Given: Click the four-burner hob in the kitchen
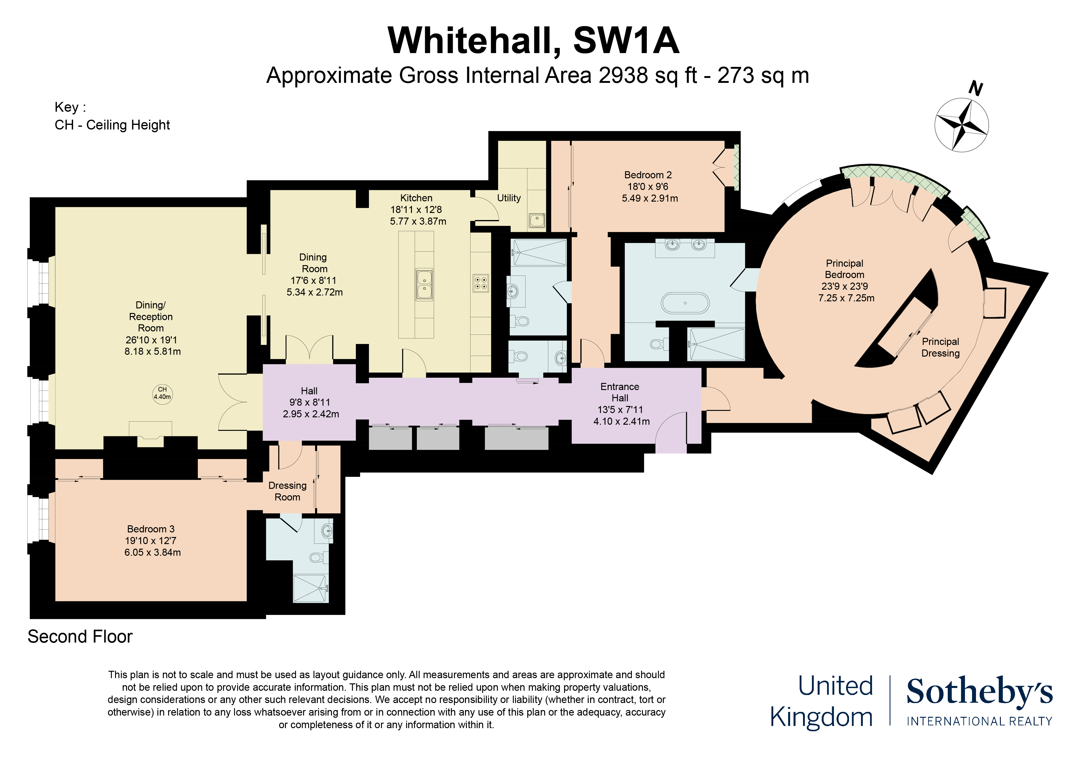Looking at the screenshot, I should pos(480,283).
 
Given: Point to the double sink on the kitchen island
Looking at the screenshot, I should pos(424,285).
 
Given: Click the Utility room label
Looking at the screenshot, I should pos(509,198).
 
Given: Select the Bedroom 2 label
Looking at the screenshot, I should pos(648,175).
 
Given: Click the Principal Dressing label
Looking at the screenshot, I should pos(940,347).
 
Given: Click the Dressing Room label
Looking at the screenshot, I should pos(287,491).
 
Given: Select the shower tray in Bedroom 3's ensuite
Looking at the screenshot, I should pos(310,588).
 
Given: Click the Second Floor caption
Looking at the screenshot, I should pos(80,637).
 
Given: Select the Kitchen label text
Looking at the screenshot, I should pos(416,198).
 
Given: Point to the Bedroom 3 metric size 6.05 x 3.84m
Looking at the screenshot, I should pos(152,552).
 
